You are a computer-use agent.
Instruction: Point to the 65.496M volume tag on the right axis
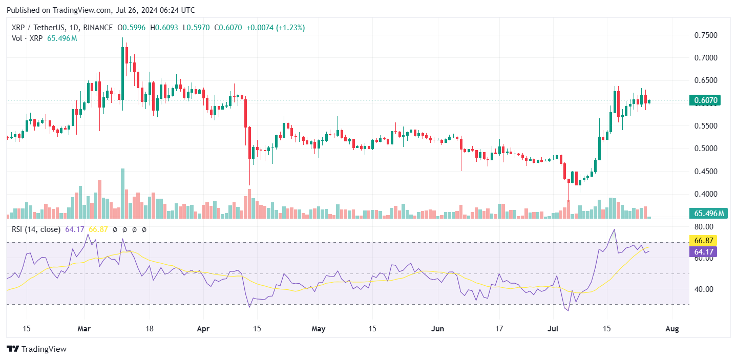click(x=709, y=214)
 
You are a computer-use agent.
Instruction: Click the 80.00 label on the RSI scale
click(x=703, y=227)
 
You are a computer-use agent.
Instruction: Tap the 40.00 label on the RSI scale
click(x=703, y=289)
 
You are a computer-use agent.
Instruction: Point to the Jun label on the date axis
click(x=437, y=329)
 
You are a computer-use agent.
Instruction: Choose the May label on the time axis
click(x=319, y=329)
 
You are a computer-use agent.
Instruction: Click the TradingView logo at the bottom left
click(x=37, y=349)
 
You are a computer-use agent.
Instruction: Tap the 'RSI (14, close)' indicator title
click(x=36, y=229)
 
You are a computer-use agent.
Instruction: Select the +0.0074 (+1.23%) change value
click(x=276, y=28)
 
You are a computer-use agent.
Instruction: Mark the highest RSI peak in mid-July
click(x=614, y=229)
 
